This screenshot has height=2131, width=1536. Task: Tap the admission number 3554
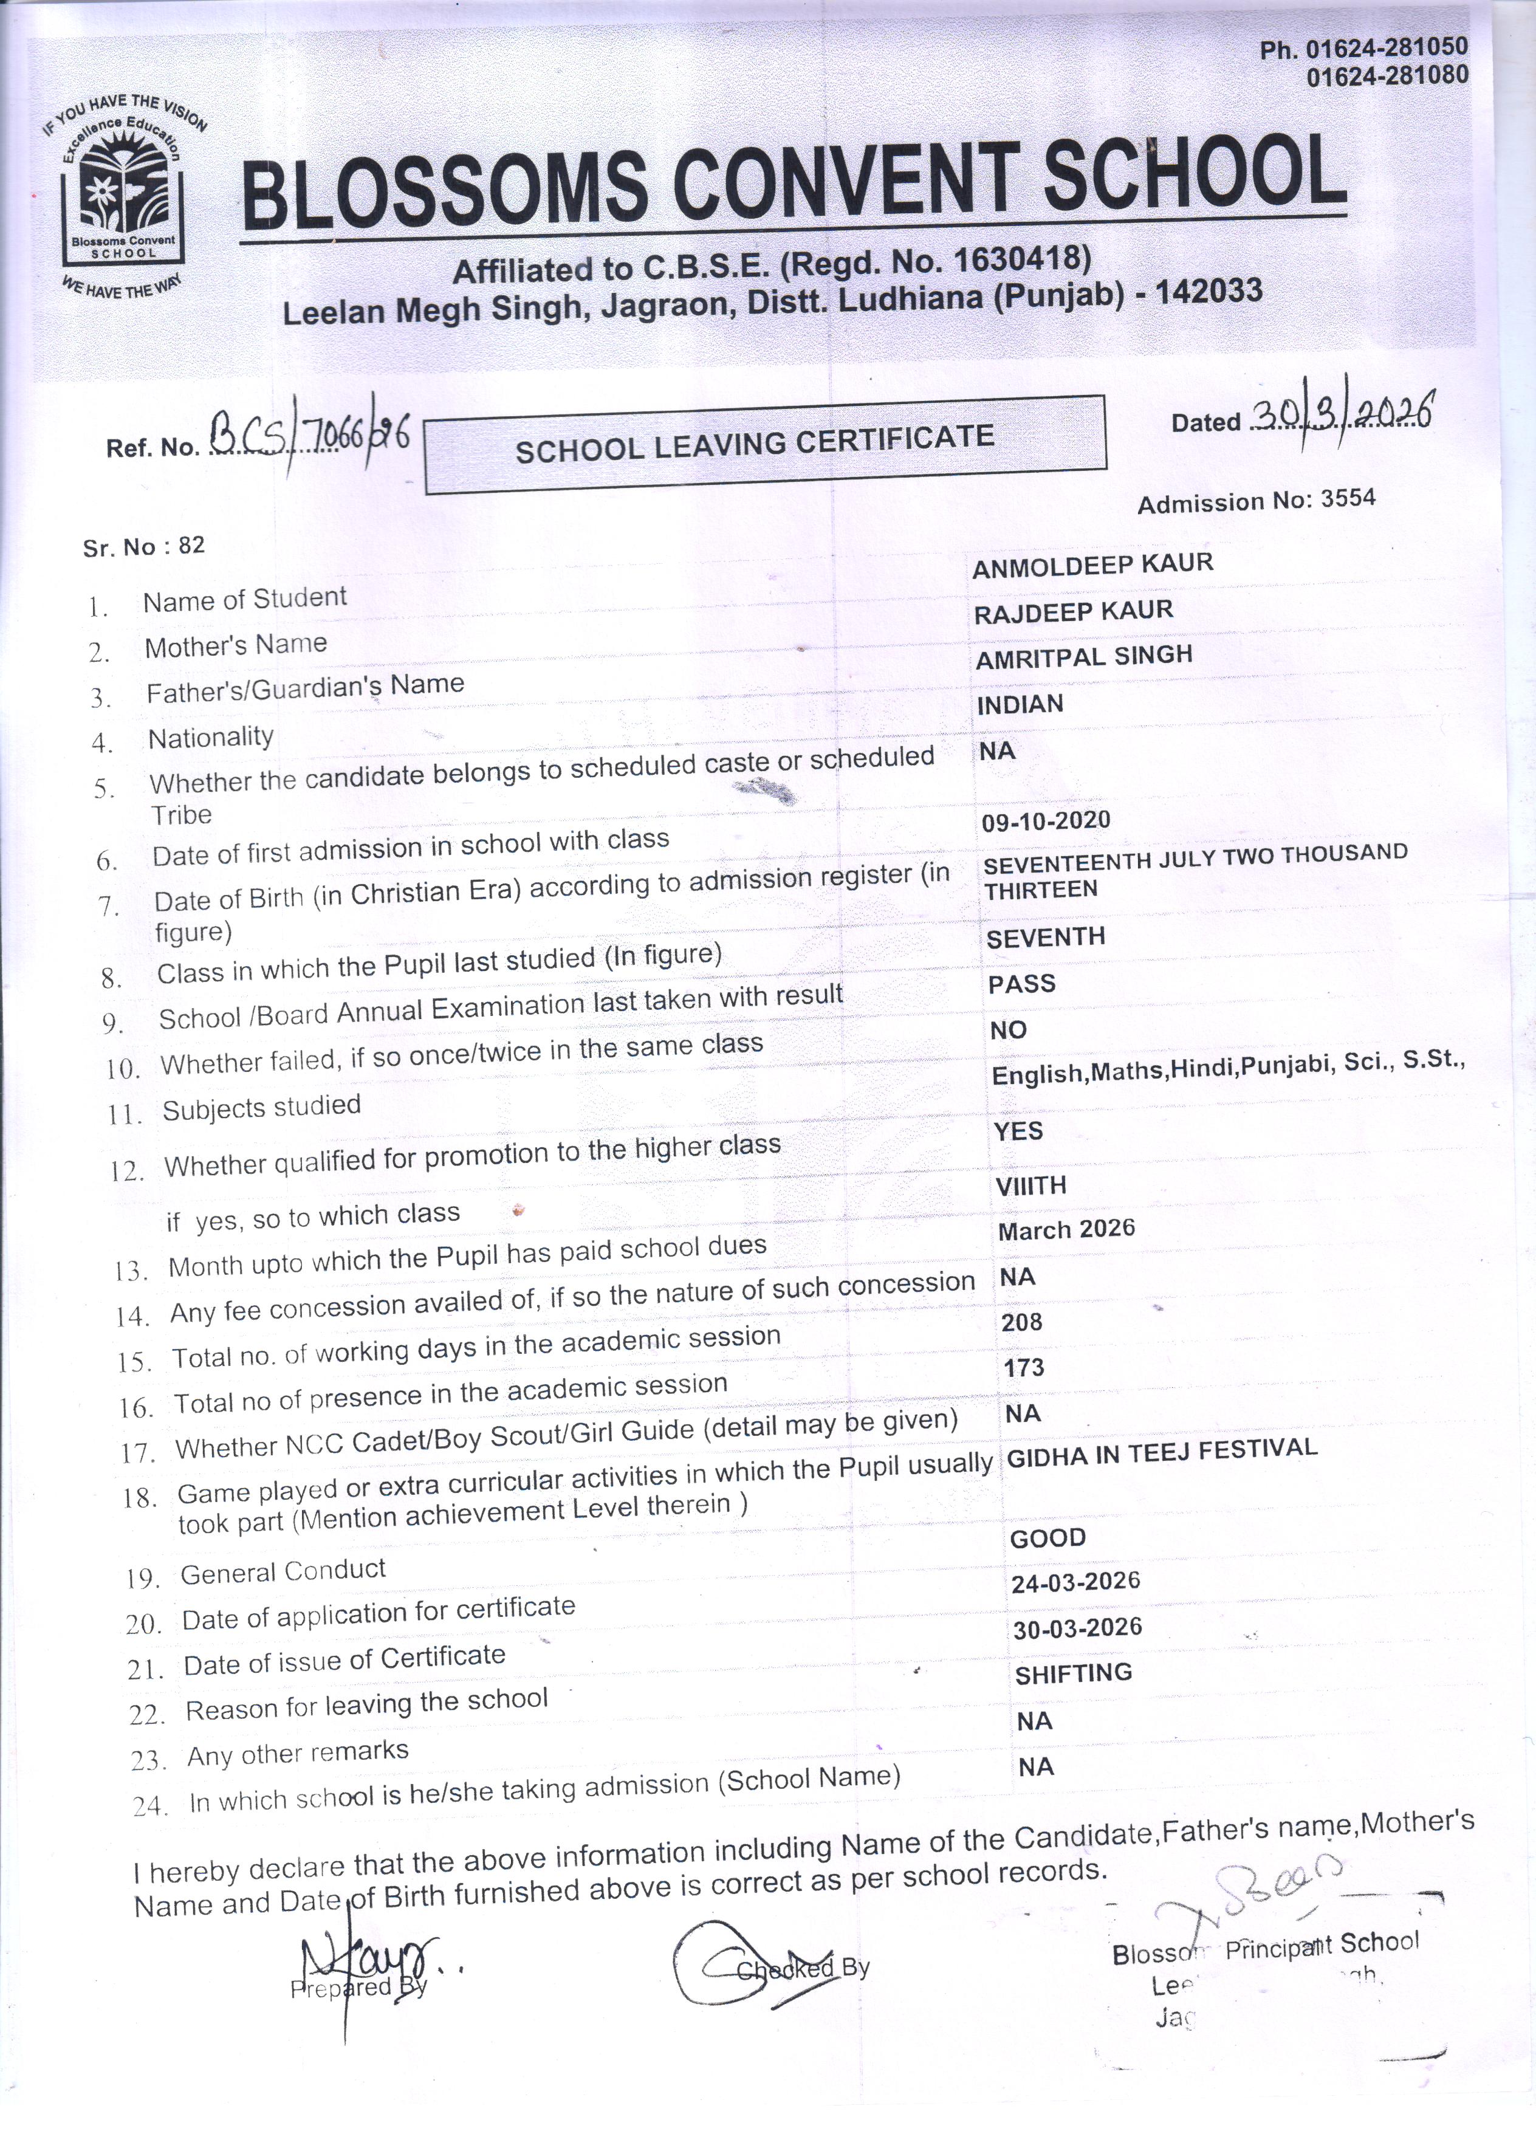[1348, 498]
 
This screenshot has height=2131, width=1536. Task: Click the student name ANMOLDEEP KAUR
[1092, 564]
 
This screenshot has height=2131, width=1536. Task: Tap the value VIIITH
[1030, 1186]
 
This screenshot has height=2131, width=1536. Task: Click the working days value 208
[1022, 1322]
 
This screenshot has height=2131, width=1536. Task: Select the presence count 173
[1023, 1367]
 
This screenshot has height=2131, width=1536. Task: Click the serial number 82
[191, 545]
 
